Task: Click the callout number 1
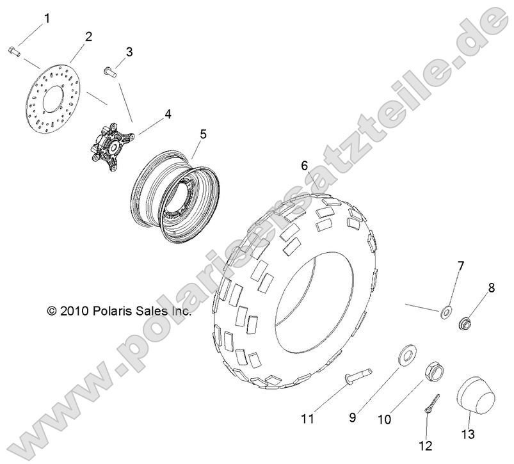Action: [x=47, y=19]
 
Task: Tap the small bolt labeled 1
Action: [x=14, y=52]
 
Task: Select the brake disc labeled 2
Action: [x=48, y=99]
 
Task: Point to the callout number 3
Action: [x=129, y=52]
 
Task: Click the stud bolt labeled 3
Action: [x=111, y=72]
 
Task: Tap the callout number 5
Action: [x=204, y=134]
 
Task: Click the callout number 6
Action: [x=305, y=166]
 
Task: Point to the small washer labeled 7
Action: [x=446, y=311]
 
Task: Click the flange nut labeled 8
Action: [x=465, y=324]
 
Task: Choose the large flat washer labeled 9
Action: [x=408, y=354]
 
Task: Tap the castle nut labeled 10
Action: [x=435, y=371]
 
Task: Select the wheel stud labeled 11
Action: [x=359, y=376]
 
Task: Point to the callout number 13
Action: [x=468, y=435]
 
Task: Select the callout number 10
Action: [x=385, y=419]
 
